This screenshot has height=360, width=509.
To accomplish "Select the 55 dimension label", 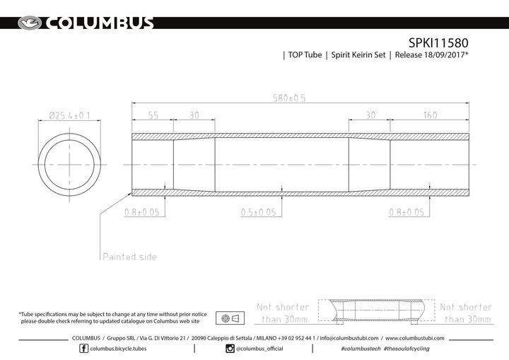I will point(152,115).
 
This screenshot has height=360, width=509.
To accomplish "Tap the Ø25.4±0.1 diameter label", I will point(69,115).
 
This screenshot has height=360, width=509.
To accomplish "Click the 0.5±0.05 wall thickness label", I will point(257,211).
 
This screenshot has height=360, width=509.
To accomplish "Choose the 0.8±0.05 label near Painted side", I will point(142,211).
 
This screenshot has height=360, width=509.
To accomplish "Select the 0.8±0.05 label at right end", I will point(407,211).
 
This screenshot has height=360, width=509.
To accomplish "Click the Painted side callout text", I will point(129,257).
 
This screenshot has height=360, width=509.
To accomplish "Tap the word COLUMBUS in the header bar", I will point(100,23).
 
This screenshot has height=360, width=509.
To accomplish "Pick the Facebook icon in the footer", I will point(83,349).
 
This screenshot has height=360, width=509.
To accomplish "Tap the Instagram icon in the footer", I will point(230,349).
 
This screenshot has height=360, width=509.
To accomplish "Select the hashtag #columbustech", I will point(360,349).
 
